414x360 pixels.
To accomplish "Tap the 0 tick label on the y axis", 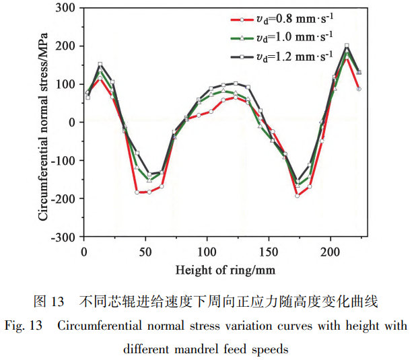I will [71, 122].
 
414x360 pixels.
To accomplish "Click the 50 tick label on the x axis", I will [145, 252].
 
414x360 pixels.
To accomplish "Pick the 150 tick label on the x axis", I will [269, 252].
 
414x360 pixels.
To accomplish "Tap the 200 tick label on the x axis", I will [331, 252].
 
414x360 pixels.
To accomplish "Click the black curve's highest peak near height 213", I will [347, 46].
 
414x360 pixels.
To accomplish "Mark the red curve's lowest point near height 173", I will [298, 196].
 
